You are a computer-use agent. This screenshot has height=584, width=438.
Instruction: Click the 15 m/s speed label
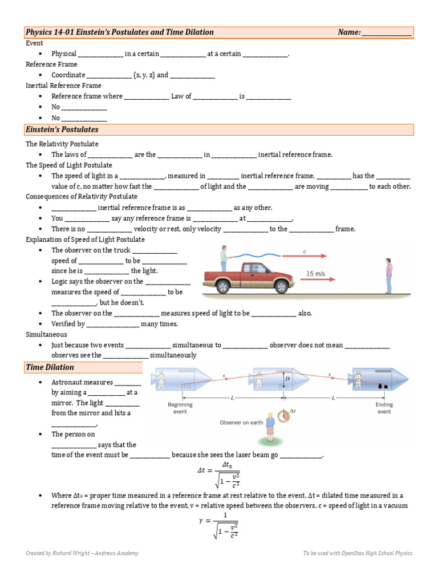point(315,274)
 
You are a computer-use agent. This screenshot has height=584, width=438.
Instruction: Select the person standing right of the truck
point(389,275)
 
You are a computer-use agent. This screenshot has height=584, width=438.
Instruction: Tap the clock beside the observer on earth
point(283,416)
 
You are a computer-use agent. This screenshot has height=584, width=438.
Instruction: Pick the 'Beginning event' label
point(180,408)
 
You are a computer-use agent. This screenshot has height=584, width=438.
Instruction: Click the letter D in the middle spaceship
point(288,379)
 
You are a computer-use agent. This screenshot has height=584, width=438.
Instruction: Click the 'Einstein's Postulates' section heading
point(62,130)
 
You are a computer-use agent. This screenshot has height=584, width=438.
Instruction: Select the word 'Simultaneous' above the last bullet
point(46,334)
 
